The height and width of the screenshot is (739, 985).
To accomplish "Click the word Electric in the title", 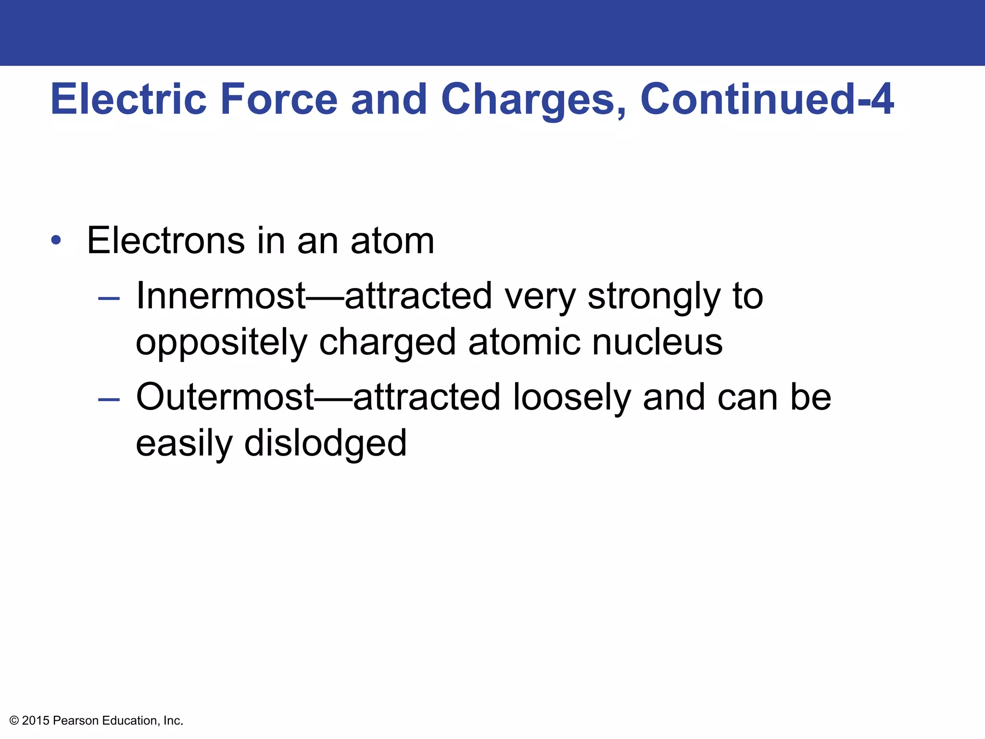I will pos(128,99).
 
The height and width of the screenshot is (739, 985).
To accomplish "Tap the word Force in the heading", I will pos(279,99).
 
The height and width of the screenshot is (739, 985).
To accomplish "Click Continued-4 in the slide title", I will pos(767,99).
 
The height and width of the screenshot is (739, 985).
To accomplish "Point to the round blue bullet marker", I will pos(56,240).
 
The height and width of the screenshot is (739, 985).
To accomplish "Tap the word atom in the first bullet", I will pos(392,241).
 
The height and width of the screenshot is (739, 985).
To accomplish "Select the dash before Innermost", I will pos(109,299).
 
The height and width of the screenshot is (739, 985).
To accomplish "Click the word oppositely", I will pos(221,343).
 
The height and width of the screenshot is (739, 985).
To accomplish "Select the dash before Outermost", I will pos(109,399).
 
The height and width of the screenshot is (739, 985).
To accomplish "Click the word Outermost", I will pos(225,397).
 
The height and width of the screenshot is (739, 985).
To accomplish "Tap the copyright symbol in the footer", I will pos(14,721).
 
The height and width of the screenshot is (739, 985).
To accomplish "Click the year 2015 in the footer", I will pos(36,721).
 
